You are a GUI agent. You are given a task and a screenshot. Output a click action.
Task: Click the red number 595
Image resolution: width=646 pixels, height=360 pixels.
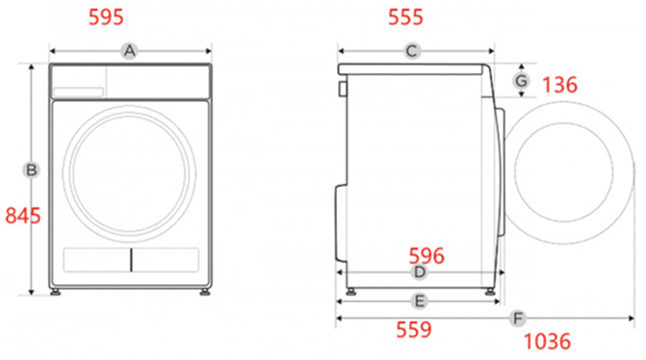point(106,17)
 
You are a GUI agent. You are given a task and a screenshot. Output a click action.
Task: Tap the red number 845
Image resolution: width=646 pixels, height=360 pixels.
point(23,216)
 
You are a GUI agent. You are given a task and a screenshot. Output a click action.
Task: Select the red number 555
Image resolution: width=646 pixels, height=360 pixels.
point(405,17)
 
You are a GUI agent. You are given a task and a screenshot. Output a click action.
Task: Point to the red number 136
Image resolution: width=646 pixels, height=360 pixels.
point(559,85)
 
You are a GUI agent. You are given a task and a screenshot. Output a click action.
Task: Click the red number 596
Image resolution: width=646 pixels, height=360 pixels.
point(426,256)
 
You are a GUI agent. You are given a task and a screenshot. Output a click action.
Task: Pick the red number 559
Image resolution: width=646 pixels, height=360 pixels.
point(414,329)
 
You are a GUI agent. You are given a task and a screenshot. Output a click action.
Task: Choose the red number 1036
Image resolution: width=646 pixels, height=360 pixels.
point(547,342)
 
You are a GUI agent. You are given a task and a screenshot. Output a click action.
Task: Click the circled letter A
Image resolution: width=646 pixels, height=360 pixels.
point(129,51)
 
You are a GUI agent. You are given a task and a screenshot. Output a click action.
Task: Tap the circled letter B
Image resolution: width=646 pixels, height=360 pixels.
point(31,170)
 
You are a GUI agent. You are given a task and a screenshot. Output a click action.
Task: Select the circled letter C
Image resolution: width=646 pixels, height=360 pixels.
point(412,51)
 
